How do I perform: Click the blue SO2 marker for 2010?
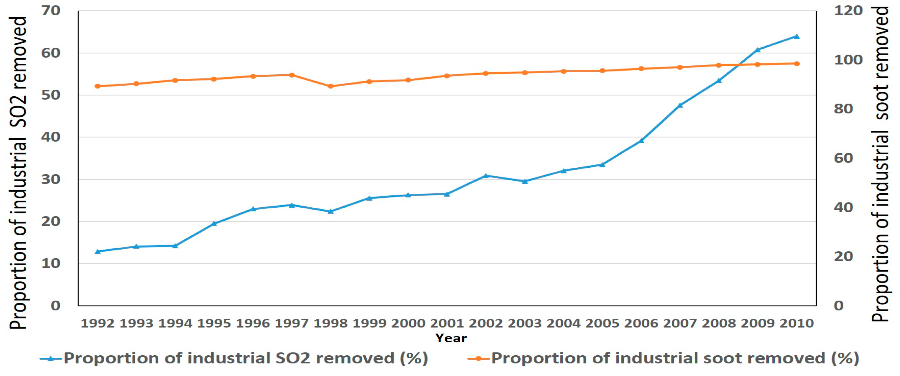[796, 36]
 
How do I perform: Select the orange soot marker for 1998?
[330, 86]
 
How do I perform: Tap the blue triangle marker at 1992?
[97, 251]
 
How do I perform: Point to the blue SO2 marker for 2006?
[641, 141]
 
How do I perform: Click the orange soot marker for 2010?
[796, 63]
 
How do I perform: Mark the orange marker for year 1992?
[97, 86]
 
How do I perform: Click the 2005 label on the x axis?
[602, 323]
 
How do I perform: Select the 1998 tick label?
[330, 323]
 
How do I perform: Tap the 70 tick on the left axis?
[51, 11]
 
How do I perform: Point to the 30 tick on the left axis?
[51, 179]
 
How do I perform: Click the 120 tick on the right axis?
[848, 11]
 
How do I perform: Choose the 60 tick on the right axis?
[843, 158]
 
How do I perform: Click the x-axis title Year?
[451, 338]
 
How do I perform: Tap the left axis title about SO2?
[18, 173]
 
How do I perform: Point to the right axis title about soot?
[880, 164]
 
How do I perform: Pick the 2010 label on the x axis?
[796, 323]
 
